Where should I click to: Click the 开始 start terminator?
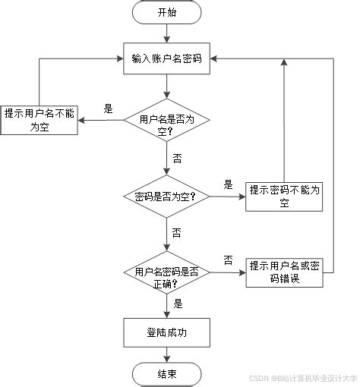(166, 12)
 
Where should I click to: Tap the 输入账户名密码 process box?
(166, 58)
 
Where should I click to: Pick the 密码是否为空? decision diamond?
(166, 197)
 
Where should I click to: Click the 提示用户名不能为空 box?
(39, 119)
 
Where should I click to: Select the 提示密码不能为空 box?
(283, 197)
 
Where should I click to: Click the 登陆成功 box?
(166, 331)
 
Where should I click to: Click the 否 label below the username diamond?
(177, 159)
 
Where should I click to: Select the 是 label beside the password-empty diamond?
(228, 184)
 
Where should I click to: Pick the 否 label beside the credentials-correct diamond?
(228, 260)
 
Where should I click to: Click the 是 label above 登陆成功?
(178, 304)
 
